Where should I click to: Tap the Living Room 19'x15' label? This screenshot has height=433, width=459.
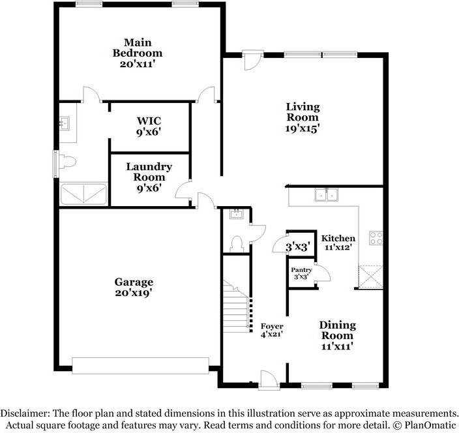[x=303, y=117]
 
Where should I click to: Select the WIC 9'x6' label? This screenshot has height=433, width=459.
[x=149, y=126]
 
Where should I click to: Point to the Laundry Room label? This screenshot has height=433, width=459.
[x=149, y=177]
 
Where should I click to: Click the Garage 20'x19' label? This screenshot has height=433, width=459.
[x=134, y=288]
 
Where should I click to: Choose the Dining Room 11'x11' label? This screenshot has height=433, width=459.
[x=337, y=336]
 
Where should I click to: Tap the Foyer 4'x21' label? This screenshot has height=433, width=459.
[x=272, y=330]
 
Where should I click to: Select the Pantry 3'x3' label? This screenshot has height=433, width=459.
[x=301, y=273]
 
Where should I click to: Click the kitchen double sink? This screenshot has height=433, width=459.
[x=325, y=194]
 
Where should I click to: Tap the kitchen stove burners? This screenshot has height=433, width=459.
[x=376, y=238]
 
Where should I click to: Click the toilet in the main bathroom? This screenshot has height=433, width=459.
[x=67, y=160]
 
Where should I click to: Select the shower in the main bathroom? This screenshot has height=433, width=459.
[x=83, y=194]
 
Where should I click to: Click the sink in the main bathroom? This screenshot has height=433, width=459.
[x=65, y=123]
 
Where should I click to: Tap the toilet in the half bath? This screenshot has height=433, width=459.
[x=237, y=243]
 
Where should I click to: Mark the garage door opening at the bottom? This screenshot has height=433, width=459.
[x=140, y=365]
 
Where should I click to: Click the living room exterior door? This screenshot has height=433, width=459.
[x=251, y=60]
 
